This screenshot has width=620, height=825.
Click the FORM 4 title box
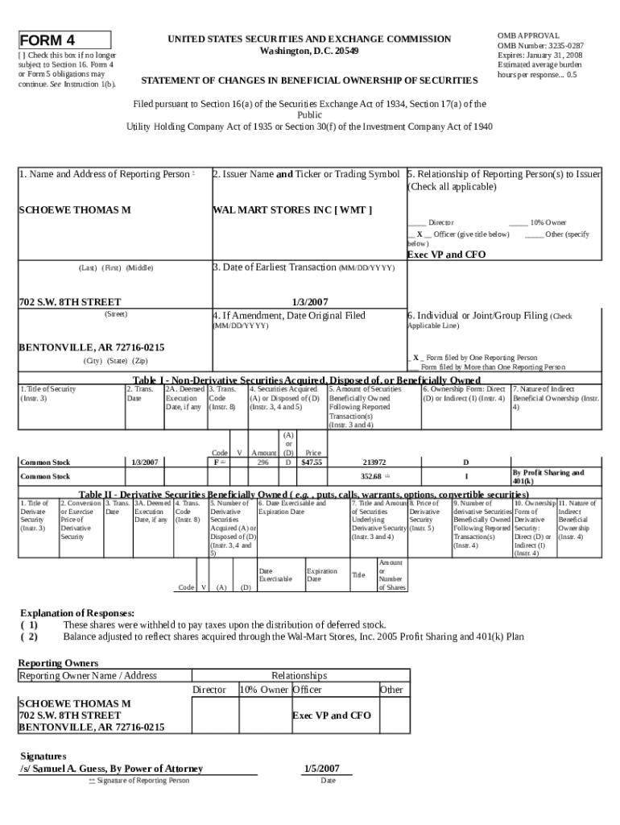[64, 40]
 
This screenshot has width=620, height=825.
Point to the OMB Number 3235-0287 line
[540, 46]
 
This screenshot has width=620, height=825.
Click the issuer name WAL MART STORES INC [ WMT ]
[291, 210]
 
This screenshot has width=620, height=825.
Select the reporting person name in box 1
[75, 210]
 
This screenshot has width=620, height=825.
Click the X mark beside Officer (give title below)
[420, 234]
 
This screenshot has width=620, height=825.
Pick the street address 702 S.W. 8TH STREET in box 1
[69, 301]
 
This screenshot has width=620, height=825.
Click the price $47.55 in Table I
[312, 462]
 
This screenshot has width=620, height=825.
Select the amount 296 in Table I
[262, 462]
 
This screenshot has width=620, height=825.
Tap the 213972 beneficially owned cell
[374, 462]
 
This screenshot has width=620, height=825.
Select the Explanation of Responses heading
[77, 613]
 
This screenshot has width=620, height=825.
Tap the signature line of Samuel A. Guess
[111, 769]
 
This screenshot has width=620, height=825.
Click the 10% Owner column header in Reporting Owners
[263, 690]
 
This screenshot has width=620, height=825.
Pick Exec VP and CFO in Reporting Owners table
[331, 715]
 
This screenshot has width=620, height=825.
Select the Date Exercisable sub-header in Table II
[276, 574]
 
